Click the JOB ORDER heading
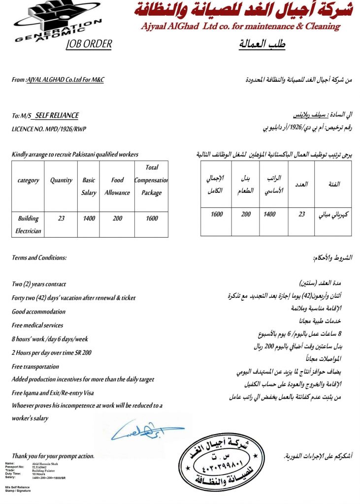pos(89,44)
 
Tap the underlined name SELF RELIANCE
pos(57,116)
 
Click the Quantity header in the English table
pos(61,181)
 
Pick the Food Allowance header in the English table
pos(117,187)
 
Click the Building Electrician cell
pos(28,224)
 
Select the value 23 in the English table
pos(61,218)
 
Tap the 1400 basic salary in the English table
pos(89,218)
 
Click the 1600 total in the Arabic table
pos(217,215)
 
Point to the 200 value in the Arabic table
pos(246,215)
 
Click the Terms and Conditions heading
pos(39,258)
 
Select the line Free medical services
pos(37,325)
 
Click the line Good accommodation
pos(38,312)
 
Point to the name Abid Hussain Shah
pos(43,464)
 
